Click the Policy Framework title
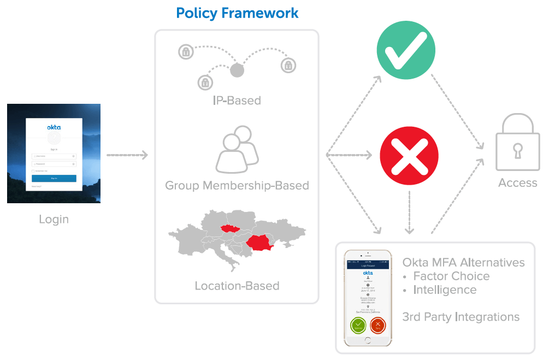[237, 13]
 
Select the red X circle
[409, 155]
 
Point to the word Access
[517, 183]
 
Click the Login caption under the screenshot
[54, 220]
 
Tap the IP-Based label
[237, 101]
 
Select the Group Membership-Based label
[237, 186]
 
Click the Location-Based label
[237, 286]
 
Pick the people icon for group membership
[237, 149]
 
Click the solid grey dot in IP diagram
[237, 70]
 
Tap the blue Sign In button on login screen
[54, 178]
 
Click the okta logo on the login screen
[54, 127]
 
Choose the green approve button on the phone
[358, 326]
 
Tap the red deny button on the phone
[377, 326]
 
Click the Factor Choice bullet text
[451, 276]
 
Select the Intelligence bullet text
[445, 290]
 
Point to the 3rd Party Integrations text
[461, 317]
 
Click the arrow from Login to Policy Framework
[127, 156]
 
